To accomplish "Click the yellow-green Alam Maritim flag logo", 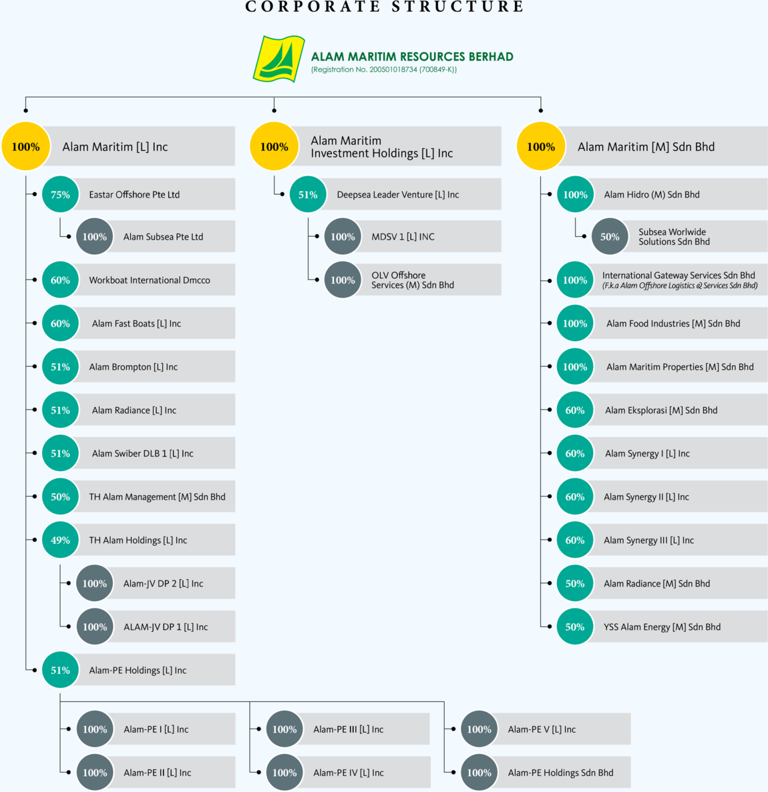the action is click(278, 59).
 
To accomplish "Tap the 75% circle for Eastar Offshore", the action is click(60, 194).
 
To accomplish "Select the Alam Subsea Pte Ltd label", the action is click(164, 236).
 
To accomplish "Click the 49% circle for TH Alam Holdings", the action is click(60, 540).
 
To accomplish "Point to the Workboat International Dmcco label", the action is click(150, 280).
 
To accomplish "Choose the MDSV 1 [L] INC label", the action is click(403, 236).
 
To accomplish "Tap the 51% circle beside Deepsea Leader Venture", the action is click(308, 194).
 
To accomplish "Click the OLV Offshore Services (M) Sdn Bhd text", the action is click(413, 280).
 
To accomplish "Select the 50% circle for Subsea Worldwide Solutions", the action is click(610, 236).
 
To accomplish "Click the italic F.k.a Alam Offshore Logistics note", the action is click(680, 286).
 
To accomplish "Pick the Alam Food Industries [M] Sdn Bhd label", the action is click(673, 323).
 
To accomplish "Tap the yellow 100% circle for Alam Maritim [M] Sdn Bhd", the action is click(541, 147).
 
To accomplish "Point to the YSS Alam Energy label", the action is click(662, 627).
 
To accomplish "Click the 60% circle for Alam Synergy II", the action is click(575, 496).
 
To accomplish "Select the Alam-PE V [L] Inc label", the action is click(542, 729).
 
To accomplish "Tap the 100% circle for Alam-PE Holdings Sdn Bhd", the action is click(479, 772).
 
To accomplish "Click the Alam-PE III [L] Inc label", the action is click(349, 729).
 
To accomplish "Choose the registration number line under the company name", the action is click(384, 69).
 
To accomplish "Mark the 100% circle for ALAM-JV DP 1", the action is click(95, 627).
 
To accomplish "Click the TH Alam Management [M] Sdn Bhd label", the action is click(157, 496).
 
